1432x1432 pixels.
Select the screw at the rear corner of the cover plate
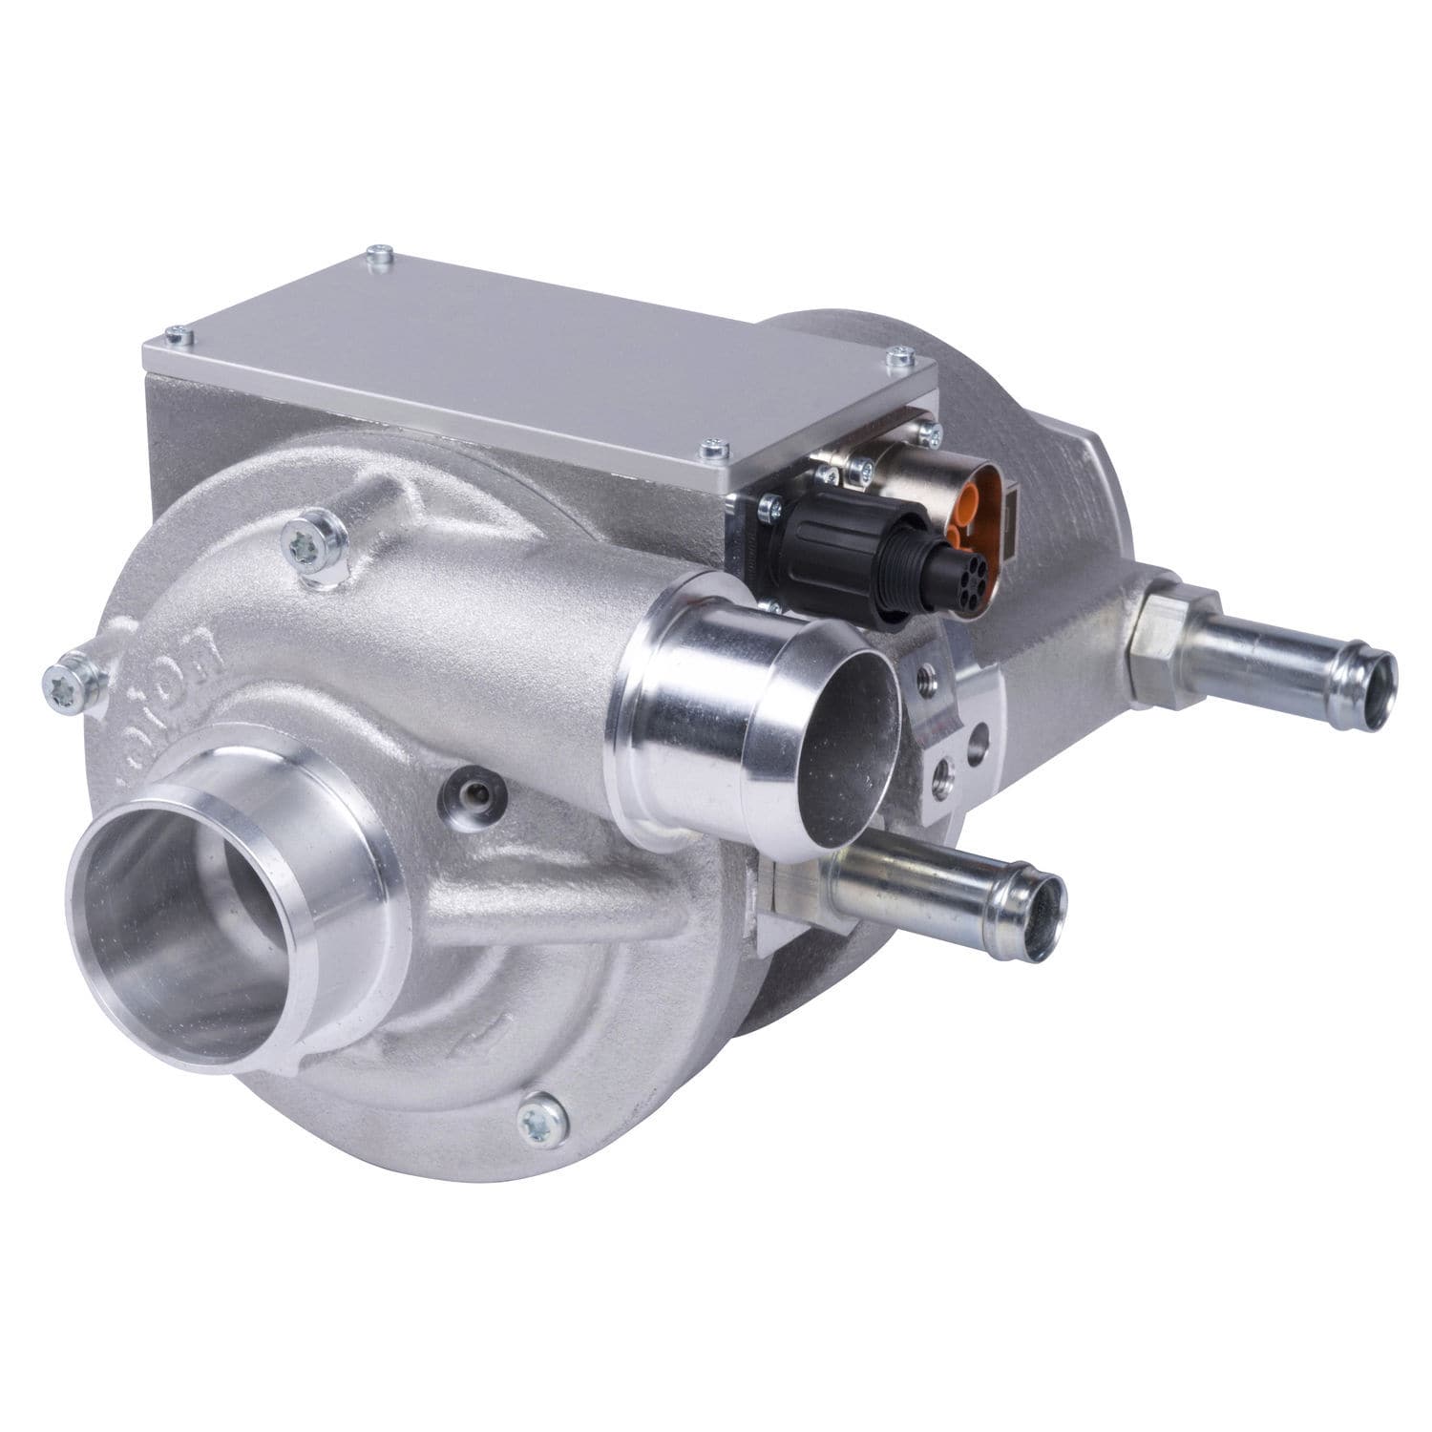click(380, 254)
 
